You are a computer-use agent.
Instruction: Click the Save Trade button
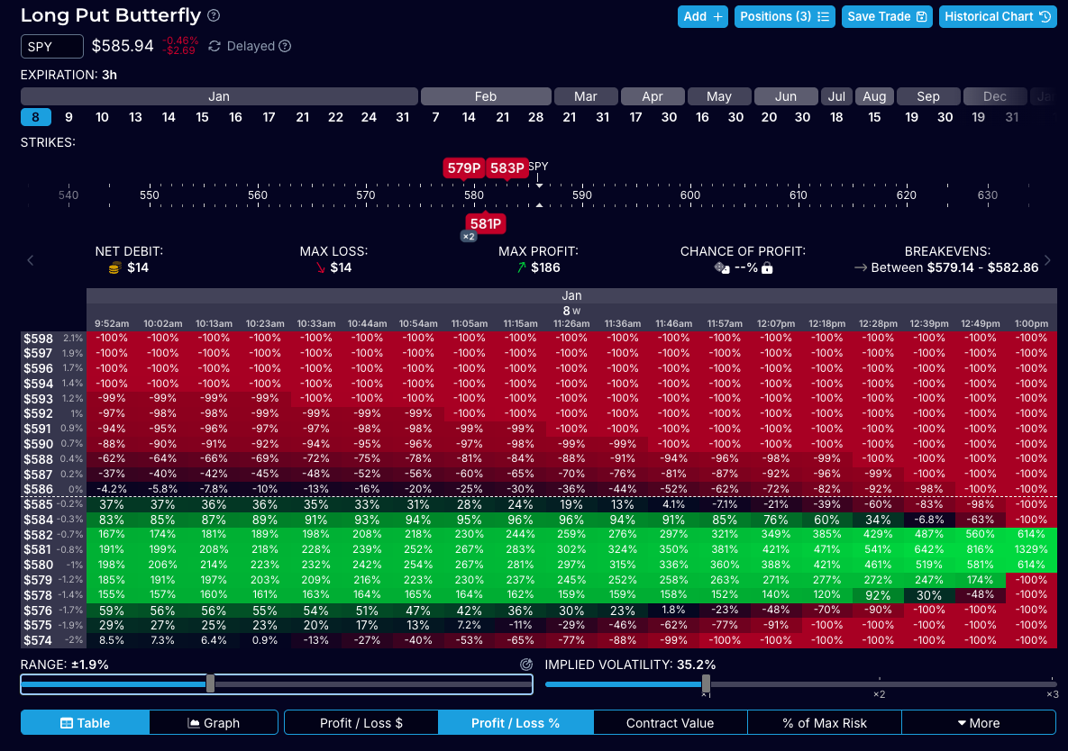[x=887, y=16]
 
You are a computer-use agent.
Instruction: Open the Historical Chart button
[x=998, y=16]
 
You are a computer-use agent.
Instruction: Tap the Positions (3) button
[x=786, y=16]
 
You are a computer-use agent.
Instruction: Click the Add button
[x=703, y=16]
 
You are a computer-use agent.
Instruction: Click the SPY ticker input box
[x=52, y=46]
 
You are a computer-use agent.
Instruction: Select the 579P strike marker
[x=464, y=168]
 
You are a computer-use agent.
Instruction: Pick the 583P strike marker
[x=507, y=168]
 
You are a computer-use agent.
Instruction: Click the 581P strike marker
[x=485, y=223]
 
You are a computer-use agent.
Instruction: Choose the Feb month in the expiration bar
[x=485, y=96]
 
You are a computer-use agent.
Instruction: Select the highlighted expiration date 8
[x=35, y=117]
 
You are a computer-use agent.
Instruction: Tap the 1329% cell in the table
[x=1030, y=549]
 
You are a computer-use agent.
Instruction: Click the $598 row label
[x=39, y=338]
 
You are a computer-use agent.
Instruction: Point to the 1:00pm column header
[x=1030, y=323]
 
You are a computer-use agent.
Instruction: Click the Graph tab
[x=214, y=722]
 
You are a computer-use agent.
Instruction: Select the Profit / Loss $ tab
[x=361, y=722]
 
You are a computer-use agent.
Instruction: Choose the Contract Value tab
[x=670, y=722]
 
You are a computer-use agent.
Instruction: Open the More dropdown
[x=978, y=722]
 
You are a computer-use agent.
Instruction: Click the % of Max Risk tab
[x=824, y=722]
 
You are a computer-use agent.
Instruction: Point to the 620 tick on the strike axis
[x=906, y=195]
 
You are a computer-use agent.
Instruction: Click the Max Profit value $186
[x=545, y=267]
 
